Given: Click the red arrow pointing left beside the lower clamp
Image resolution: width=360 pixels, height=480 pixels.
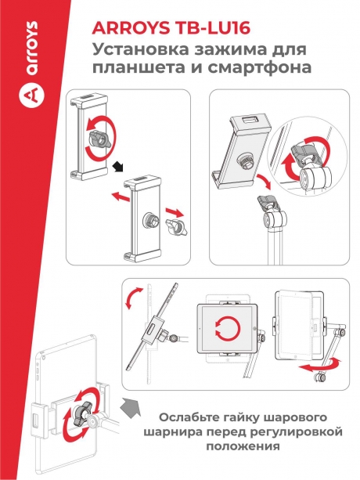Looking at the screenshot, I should click(x=119, y=197).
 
